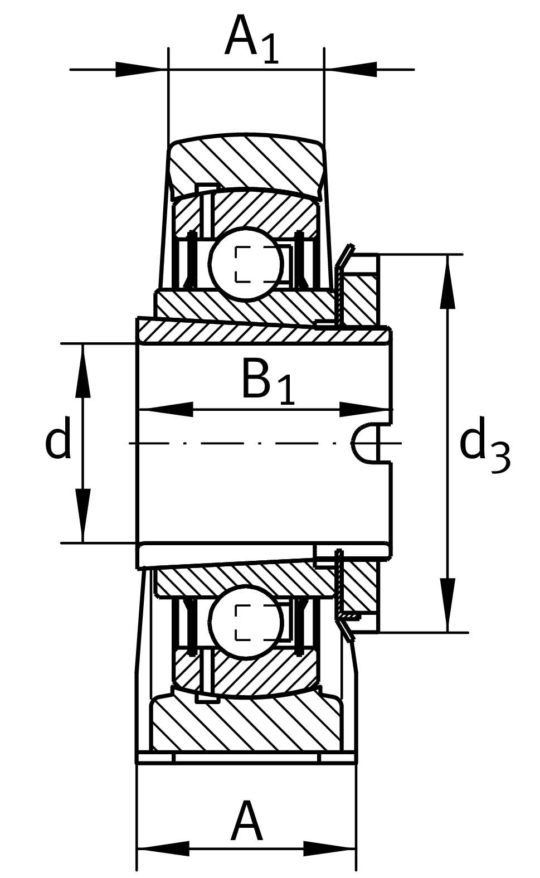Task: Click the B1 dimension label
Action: click(x=268, y=381)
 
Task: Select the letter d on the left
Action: click(x=58, y=438)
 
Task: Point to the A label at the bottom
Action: click(x=246, y=822)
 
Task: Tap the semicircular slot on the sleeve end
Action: click(x=365, y=443)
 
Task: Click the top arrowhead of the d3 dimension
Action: click(x=447, y=282)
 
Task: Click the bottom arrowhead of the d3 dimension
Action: click(x=447, y=605)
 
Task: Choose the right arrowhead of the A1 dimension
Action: click(x=351, y=70)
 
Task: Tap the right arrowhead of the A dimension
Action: click(x=329, y=849)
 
